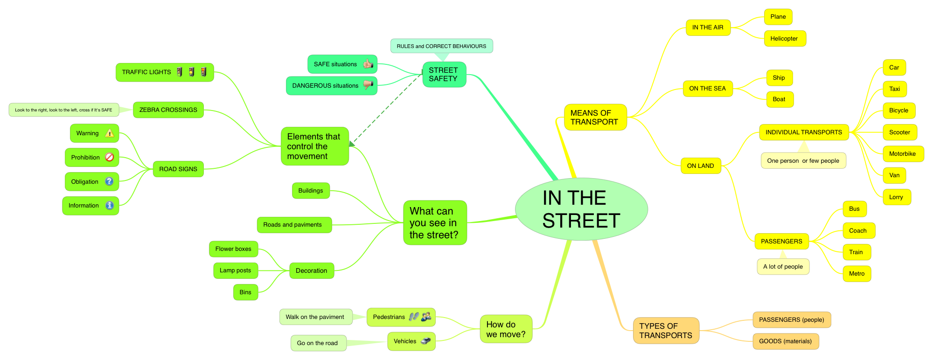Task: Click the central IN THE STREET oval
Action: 581,209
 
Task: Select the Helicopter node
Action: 784,39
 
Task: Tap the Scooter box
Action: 899,132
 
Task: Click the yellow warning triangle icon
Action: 110,133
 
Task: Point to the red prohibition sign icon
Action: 110,157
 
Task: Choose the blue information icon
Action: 110,205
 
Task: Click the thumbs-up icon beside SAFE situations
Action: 368,64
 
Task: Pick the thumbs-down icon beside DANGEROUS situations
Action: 368,85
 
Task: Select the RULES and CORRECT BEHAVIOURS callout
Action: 441,46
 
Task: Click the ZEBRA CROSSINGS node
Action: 168,110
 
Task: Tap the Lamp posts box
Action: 235,270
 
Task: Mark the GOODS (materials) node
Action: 785,341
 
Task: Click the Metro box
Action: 856,274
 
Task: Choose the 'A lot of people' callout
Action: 783,267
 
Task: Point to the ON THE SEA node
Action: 707,89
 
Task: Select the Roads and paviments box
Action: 292,225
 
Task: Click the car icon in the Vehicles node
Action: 425,341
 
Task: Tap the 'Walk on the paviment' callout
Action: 315,317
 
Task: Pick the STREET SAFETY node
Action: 444,75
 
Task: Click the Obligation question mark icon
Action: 109,181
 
